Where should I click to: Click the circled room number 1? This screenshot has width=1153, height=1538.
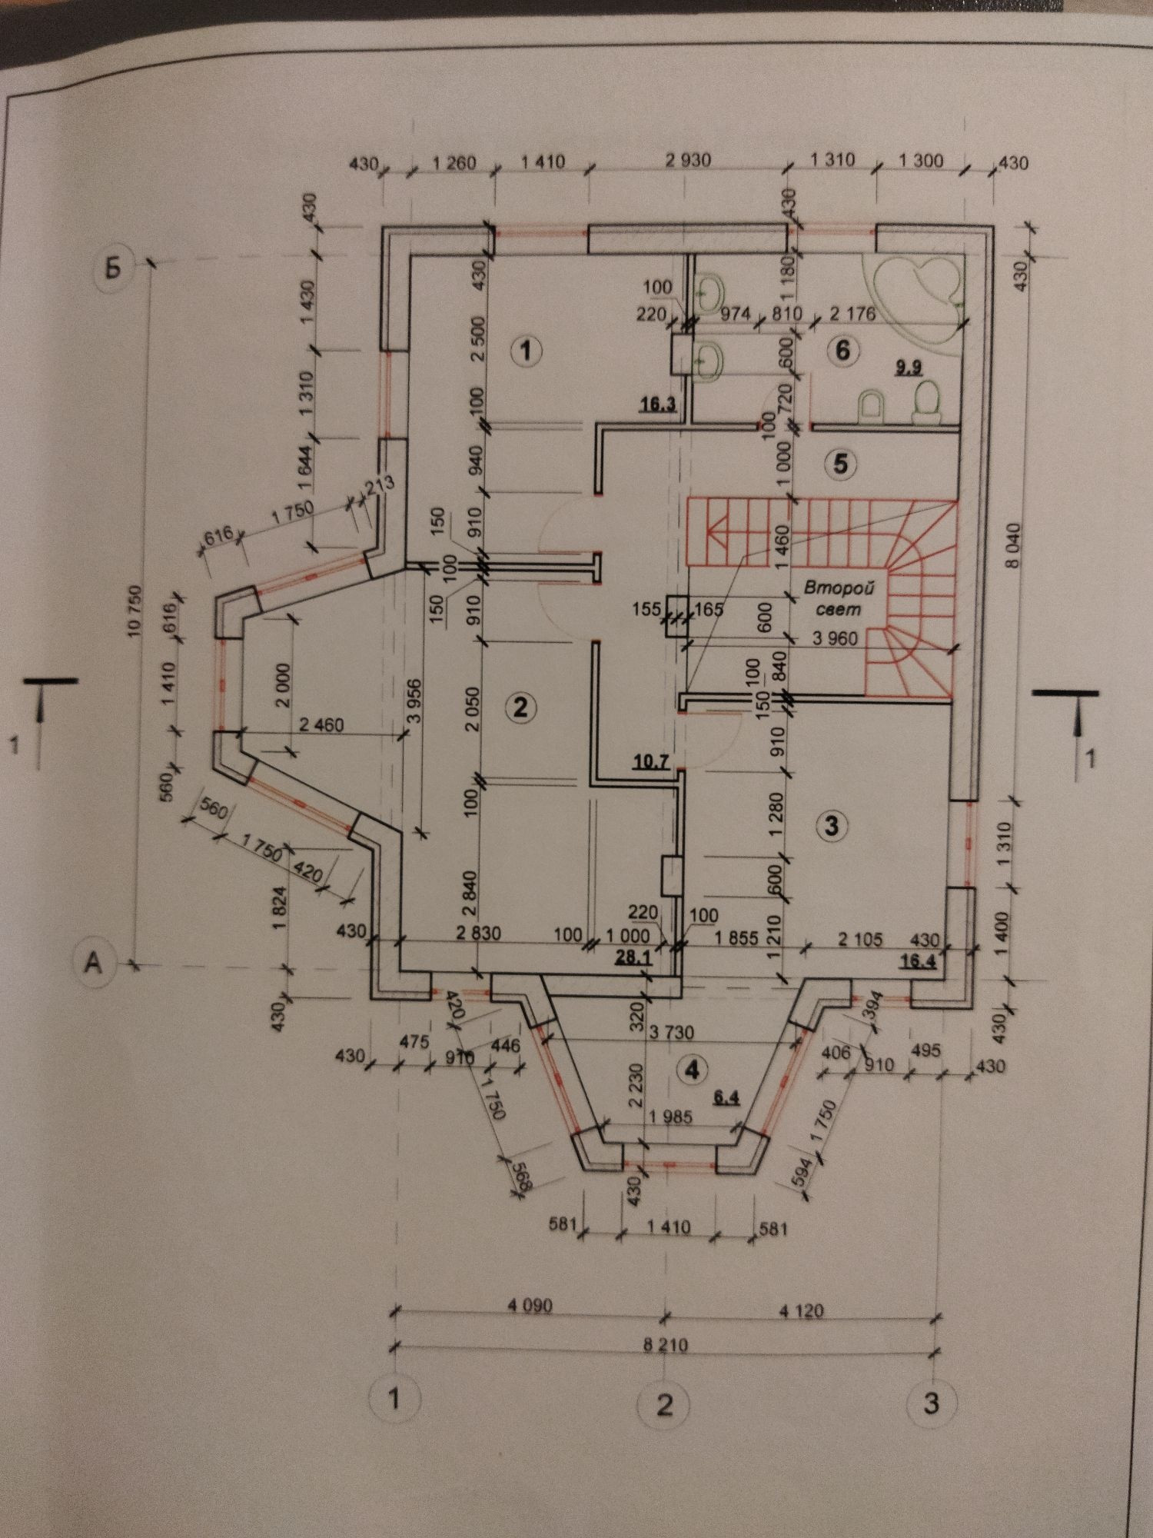coord(526,351)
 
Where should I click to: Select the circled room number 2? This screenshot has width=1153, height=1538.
coord(520,707)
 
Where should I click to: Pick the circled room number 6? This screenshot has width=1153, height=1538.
coord(843,351)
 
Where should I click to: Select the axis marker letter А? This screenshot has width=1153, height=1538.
coord(93,962)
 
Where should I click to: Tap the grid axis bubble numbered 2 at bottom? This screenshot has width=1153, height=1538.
coord(664,1403)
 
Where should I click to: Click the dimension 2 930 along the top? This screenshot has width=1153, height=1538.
coord(688,161)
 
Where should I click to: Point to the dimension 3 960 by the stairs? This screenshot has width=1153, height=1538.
coord(835,638)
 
